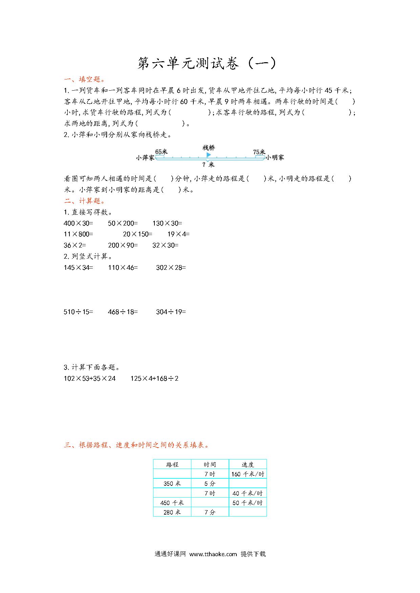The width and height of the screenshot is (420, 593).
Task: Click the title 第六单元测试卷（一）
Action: (x=207, y=64)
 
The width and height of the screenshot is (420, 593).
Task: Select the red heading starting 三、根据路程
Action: (x=137, y=445)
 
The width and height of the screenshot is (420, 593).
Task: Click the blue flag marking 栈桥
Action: (x=209, y=155)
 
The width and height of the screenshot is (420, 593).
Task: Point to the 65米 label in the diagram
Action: (x=162, y=152)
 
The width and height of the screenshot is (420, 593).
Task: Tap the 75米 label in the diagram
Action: (x=259, y=152)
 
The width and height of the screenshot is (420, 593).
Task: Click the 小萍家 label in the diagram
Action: (x=145, y=158)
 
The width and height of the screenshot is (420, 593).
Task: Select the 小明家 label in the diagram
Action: (x=275, y=158)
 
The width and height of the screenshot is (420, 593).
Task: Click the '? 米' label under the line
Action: (x=208, y=165)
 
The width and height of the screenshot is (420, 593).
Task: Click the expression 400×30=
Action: (x=78, y=223)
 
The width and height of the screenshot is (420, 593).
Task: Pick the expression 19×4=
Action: (x=178, y=234)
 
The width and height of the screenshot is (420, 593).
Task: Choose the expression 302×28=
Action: (x=171, y=267)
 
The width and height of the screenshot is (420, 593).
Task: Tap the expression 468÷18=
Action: (x=123, y=312)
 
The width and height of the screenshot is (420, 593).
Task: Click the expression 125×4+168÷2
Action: (x=154, y=378)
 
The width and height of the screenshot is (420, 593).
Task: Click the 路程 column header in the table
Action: (x=172, y=465)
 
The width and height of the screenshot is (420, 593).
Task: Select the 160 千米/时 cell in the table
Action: (x=248, y=474)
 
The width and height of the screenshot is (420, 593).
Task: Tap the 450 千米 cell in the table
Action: (x=172, y=503)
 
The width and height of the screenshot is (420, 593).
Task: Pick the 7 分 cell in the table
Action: (x=210, y=512)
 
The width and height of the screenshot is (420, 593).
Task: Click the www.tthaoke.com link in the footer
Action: (x=213, y=554)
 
